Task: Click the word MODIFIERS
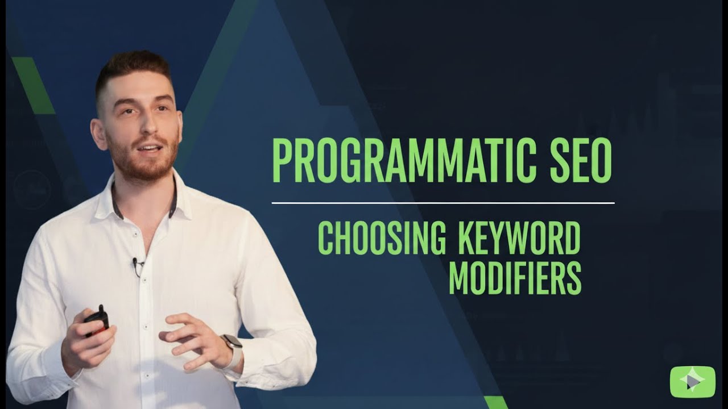(515, 278)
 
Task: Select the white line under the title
(443, 203)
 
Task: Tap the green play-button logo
(692, 382)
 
